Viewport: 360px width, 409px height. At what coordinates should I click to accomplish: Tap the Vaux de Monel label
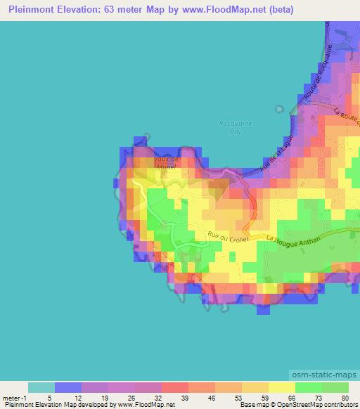click(166, 162)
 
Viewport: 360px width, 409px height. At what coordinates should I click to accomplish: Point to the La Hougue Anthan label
click(293, 240)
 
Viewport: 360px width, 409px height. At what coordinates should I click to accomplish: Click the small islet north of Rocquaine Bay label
click(279, 109)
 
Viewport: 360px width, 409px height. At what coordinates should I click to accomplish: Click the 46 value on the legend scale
click(212, 397)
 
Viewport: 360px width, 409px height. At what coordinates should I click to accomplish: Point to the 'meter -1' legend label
click(14, 397)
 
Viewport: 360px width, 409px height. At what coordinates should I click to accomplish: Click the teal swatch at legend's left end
click(41, 387)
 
